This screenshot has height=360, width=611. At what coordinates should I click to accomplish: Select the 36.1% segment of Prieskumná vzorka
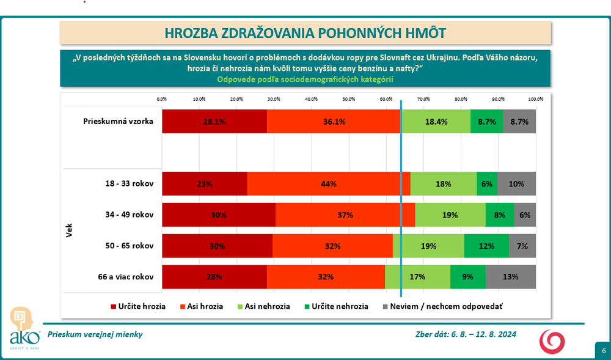[334, 122]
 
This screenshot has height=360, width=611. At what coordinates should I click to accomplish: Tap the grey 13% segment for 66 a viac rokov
[510, 277]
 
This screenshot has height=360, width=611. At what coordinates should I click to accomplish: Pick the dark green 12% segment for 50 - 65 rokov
[486, 246]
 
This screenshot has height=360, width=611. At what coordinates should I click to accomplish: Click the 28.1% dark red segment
[214, 122]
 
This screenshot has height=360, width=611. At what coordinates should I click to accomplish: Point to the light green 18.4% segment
[436, 122]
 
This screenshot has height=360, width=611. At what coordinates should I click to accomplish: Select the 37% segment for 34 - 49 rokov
[345, 215]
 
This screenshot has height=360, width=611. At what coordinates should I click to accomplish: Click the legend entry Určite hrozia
[137, 306]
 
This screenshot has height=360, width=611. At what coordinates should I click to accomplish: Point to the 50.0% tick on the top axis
[349, 99]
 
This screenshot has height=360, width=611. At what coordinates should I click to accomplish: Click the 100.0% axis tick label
[535, 99]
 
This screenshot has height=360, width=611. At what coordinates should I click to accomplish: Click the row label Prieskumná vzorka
[118, 122]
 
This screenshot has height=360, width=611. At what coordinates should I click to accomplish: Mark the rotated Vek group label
[68, 230]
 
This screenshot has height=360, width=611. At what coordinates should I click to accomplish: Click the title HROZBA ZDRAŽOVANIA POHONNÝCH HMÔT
[305, 33]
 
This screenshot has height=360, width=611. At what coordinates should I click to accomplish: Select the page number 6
[603, 351]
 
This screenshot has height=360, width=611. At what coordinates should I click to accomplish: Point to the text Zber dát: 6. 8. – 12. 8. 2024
[466, 334]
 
